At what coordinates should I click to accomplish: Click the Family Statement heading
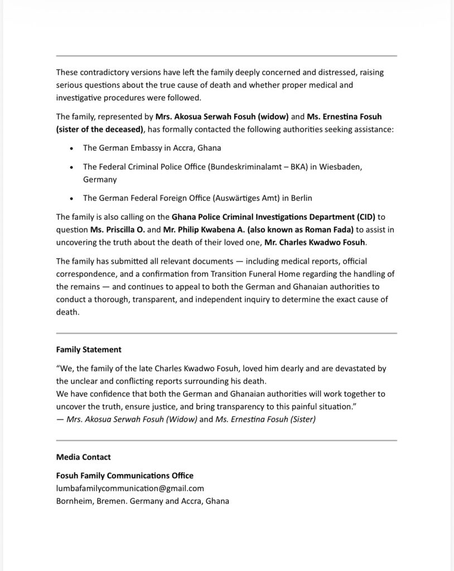(89, 350)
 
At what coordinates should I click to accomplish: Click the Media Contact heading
(84, 457)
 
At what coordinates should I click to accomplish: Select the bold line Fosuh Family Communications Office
(125, 476)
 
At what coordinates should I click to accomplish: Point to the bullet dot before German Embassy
(71, 148)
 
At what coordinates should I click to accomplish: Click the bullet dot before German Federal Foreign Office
(71, 199)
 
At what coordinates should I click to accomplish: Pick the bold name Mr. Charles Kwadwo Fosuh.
(315, 243)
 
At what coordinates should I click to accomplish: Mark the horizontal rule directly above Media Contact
(226, 441)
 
